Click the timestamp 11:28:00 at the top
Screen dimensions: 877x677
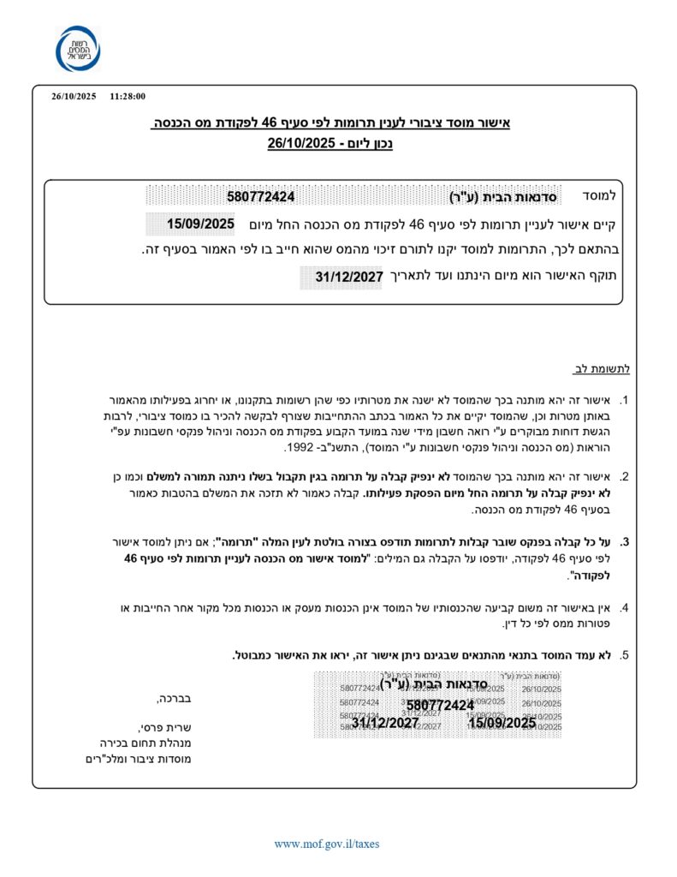[x=128, y=97]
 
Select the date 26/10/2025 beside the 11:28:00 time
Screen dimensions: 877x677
[x=74, y=97]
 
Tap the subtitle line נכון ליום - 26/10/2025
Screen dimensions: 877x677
[x=330, y=144]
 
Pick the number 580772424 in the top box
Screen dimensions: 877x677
[x=261, y=196]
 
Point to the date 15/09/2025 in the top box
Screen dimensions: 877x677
[x=200, y=224]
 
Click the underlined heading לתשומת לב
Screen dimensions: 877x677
[x=601, y=369]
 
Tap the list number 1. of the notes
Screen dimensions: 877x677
[x=625, y=401]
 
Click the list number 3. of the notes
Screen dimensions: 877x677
[x=625, y=542]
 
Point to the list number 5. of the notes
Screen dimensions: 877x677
[x=625, y=656]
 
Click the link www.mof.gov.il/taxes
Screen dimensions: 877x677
[x=326, y=844]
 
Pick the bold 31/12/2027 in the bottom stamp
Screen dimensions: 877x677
[x=385, y=723]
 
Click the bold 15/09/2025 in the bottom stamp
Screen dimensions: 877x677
[x=502, y=723]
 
